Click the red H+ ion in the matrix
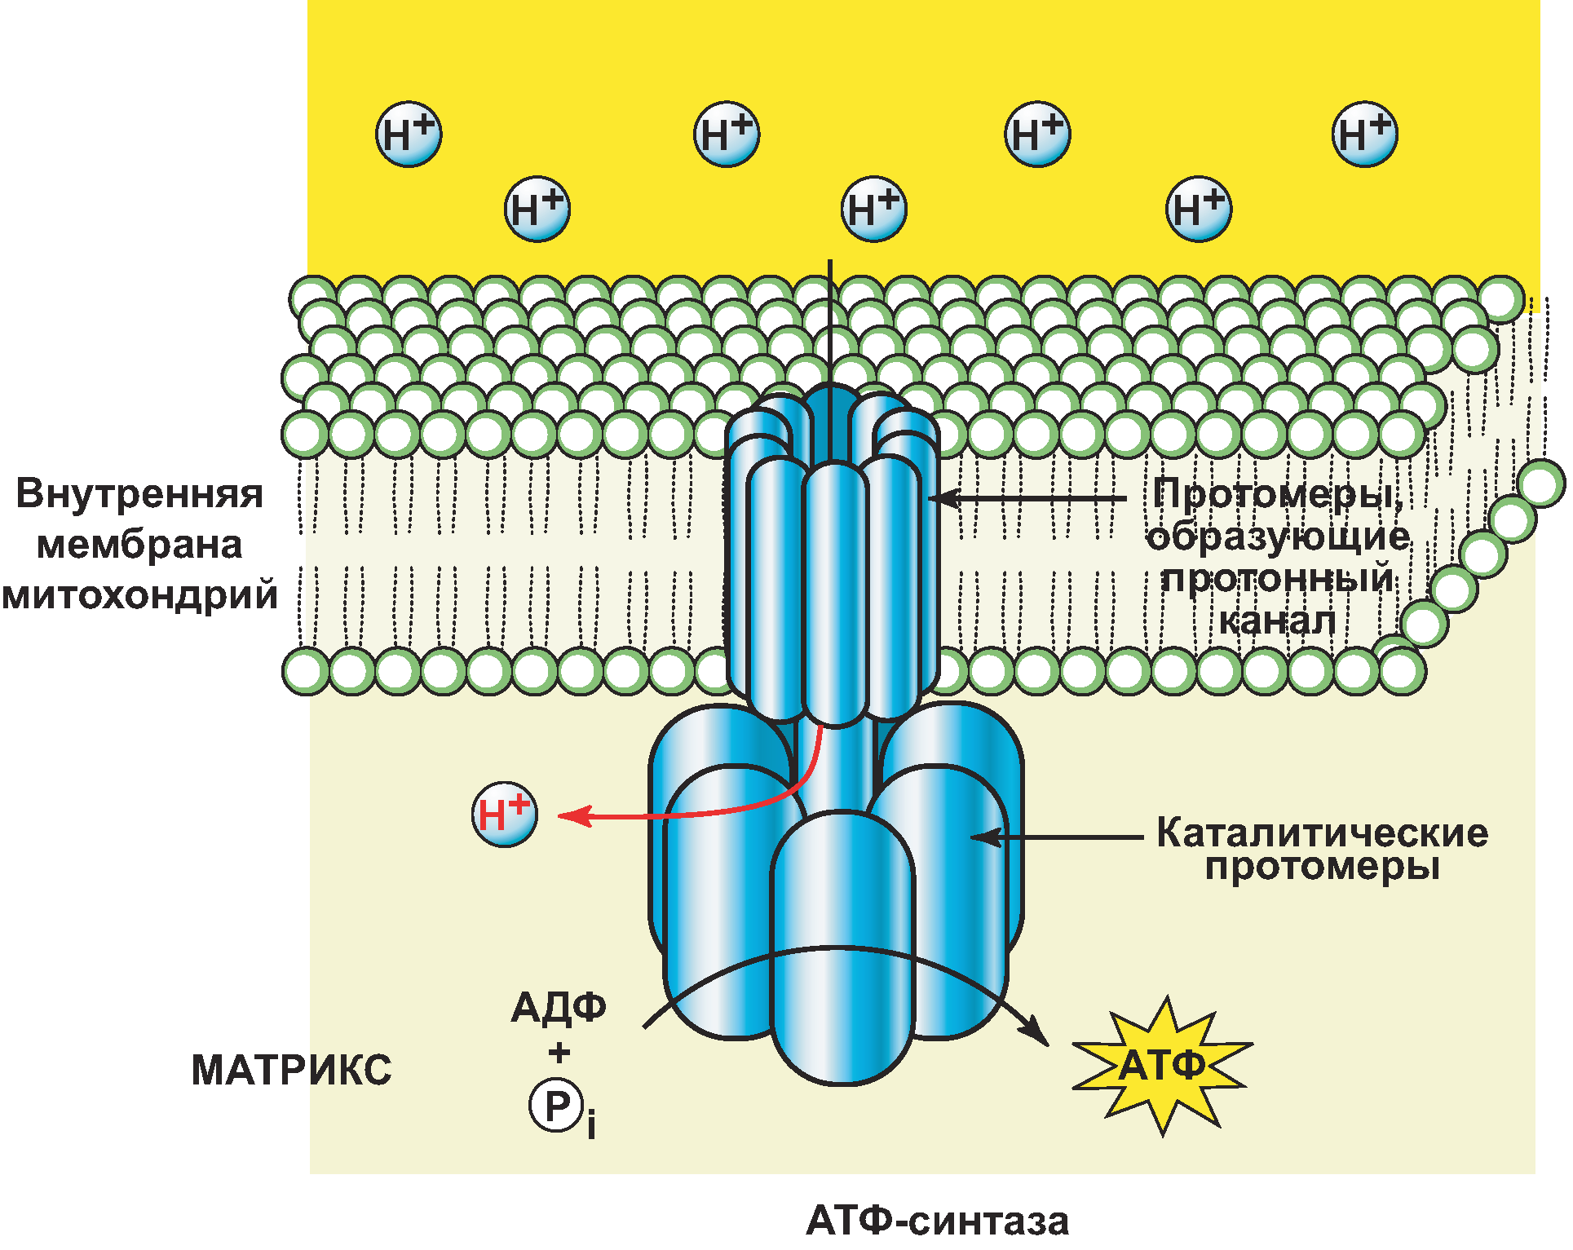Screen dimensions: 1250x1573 tap(505, 815)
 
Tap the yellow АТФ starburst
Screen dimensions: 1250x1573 tap(1162, 1065)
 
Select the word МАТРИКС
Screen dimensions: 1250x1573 tap(291, 1070)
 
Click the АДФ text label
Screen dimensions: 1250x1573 tap(559, 1008)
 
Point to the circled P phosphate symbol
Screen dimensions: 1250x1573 tap(557, 1106)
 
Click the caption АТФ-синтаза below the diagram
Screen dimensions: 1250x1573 tap(937, 1221)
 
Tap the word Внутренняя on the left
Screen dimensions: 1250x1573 tap(139, 494)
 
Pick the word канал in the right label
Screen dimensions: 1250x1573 tap(1277, 621)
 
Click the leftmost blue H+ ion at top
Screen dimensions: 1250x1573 tap(409, 135)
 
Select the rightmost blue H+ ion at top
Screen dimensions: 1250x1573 tap(1364, 135)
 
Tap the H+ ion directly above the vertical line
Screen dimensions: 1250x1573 tap(873, 210)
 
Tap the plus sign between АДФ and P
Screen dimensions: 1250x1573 tap(559, 1053)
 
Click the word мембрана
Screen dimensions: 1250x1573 tap(139, 545)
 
